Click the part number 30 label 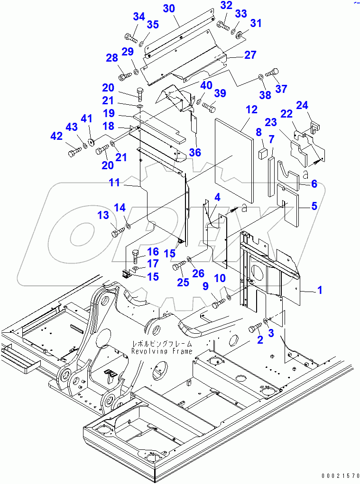coord(169,9)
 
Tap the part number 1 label coord(320,290)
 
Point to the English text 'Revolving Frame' coord(162,351)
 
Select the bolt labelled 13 coord(117,232)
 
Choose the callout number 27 coord(250,55)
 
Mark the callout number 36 coord(194,152)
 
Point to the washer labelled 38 coord(260,77)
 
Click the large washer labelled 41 coord(91,142)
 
